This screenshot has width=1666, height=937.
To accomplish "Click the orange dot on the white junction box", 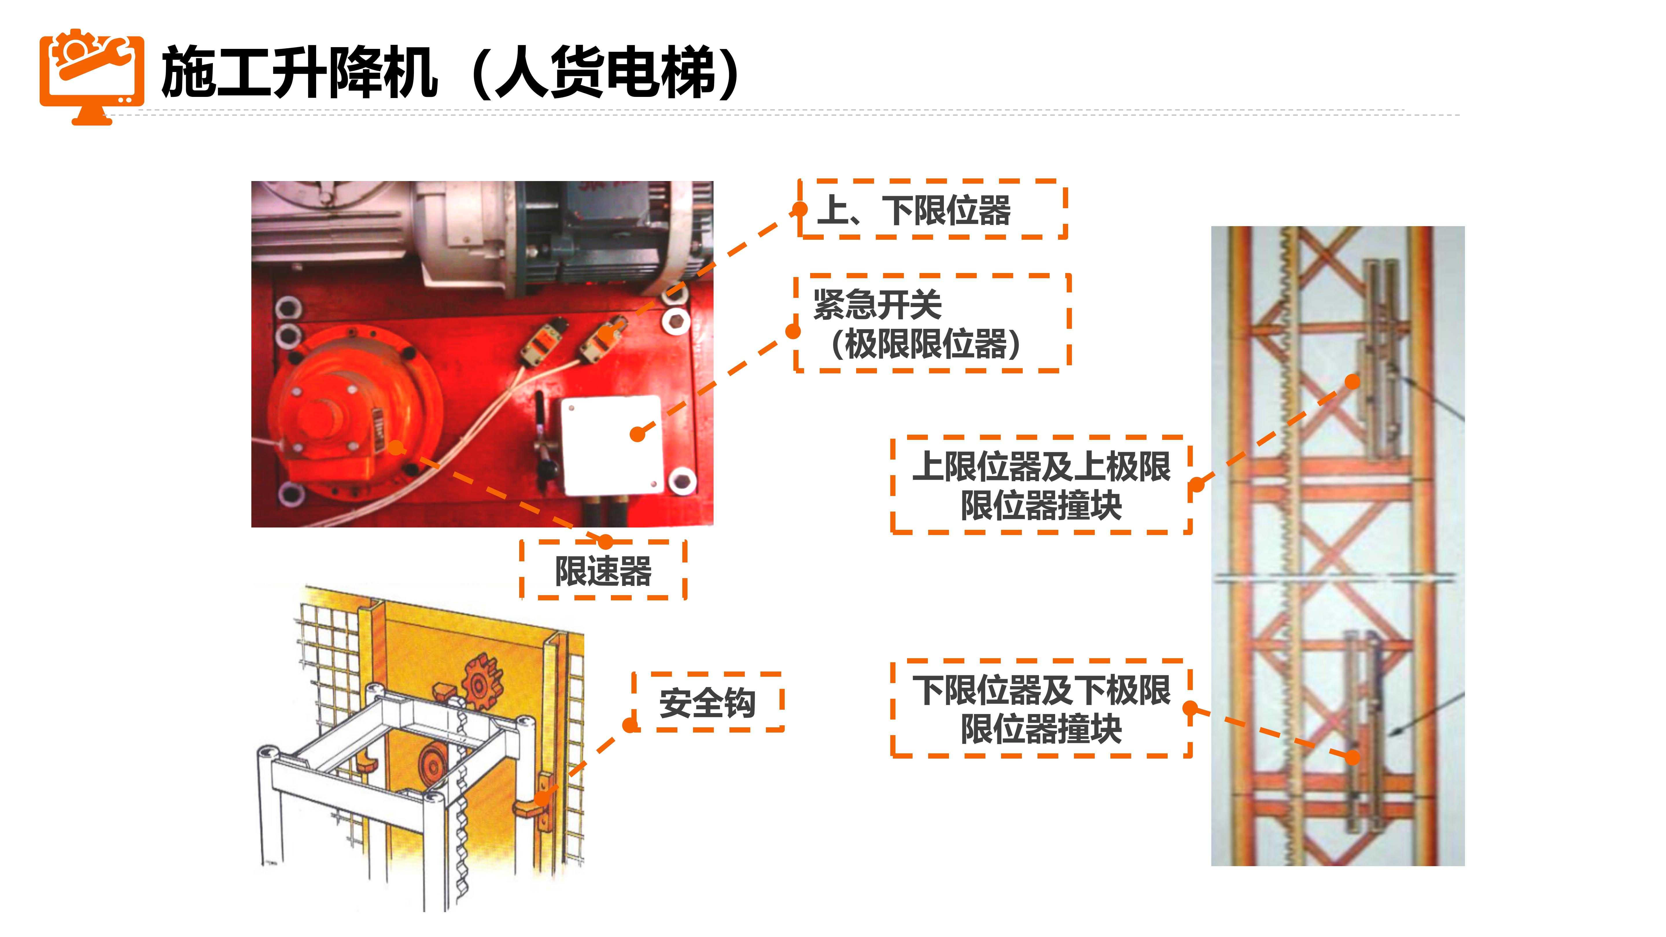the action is click(x=638, y=434).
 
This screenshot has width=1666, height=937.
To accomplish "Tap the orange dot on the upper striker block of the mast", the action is click(x=1352, y=381).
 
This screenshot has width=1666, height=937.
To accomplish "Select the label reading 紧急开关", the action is click(x=878, y=304).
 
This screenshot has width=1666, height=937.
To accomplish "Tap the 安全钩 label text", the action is click(x=707, y=703).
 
